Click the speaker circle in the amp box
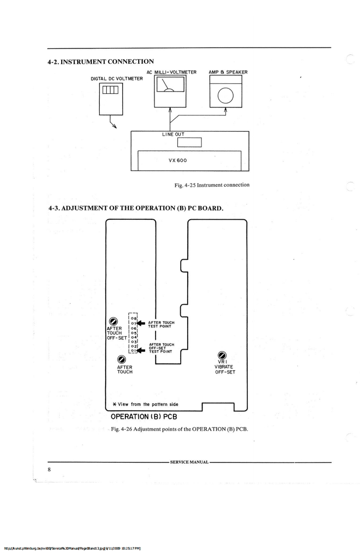tap(225, 96)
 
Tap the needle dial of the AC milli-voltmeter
tap(170, 87)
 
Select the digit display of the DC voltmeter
tap(111, 90)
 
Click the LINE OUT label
tap(172, 134)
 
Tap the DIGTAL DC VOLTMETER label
tap(117, 79)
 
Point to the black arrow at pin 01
tap(143, 352)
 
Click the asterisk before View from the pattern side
tap(114, 404)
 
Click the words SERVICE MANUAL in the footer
tap(189, 462)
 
